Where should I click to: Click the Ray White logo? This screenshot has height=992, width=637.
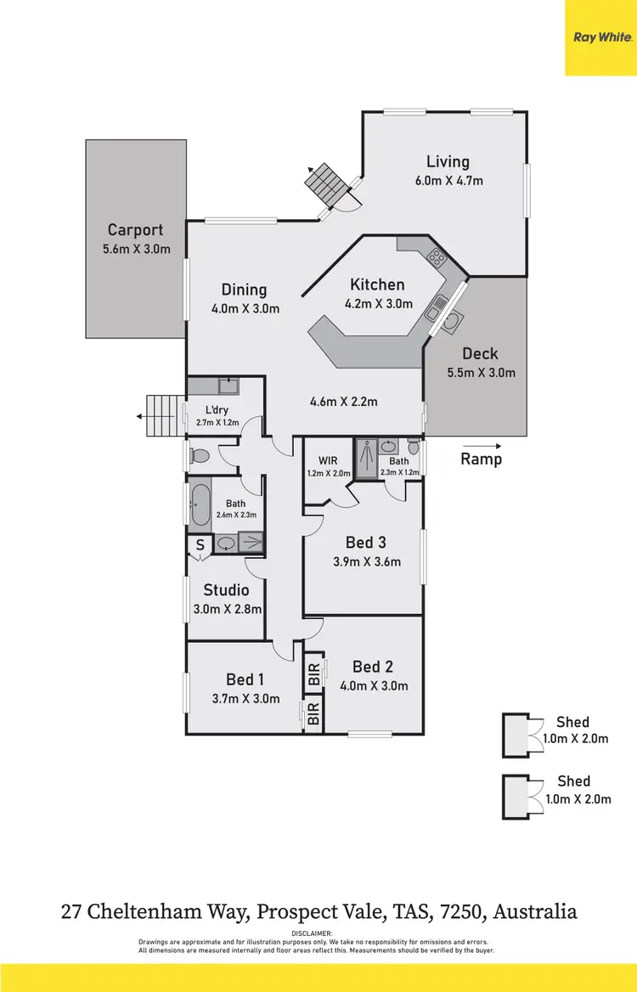click(x=600, y=37)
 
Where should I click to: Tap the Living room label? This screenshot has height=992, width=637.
click(x=448, y=161)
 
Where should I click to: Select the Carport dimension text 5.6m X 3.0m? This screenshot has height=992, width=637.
click(x=136, y=249)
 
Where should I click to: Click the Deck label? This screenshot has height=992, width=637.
click(x=480, y=353)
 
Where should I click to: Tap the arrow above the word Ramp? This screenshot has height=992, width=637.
click(x=482, y=445)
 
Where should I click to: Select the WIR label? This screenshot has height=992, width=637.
click(x=328, y=461)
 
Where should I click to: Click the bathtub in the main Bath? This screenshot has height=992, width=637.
click(x=200, y=506)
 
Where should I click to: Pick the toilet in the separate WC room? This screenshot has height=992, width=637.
click(x=200, y=456)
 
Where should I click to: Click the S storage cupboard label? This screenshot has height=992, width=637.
click(x=200, y=545)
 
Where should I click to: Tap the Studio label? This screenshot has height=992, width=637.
click(x=226, y=589)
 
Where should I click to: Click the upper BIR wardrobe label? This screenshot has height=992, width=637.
click(x=313, y=676)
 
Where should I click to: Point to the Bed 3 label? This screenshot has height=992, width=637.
click(x=366, y=542)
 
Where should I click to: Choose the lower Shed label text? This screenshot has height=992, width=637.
click(x=573, y=781)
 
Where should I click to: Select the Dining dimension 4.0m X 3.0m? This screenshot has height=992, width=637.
click(x=245, y=308)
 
